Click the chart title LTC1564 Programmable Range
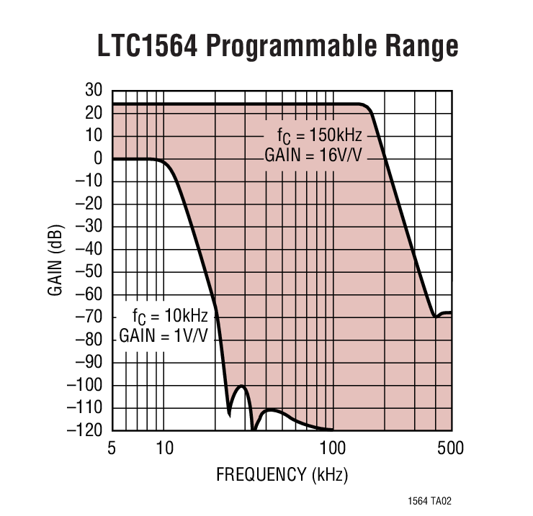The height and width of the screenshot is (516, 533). [277, 47]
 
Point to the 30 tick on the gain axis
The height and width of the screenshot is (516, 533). [94, 91]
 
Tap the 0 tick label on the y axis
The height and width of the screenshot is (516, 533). [98, 159]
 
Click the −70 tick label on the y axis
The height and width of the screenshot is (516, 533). [89, 317]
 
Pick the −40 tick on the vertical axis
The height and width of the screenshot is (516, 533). [89, 250]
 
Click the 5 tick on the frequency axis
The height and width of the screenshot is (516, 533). [112, 449]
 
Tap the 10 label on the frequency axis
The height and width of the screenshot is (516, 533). [164, 449]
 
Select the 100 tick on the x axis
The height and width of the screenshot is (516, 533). [333, 449]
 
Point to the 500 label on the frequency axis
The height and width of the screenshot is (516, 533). [451, 449]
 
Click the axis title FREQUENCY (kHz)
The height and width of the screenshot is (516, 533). [282, 475]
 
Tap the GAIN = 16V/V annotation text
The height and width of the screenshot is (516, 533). [313, 154]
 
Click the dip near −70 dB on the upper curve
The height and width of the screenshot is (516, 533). [434, 316]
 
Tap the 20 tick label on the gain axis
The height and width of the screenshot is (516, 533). [94, 114]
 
